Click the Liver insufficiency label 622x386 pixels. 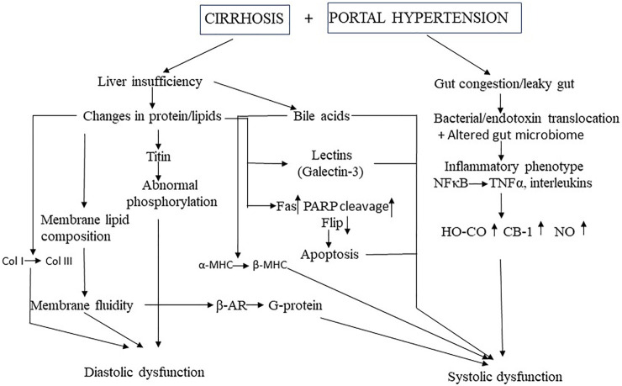coord(148,82)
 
